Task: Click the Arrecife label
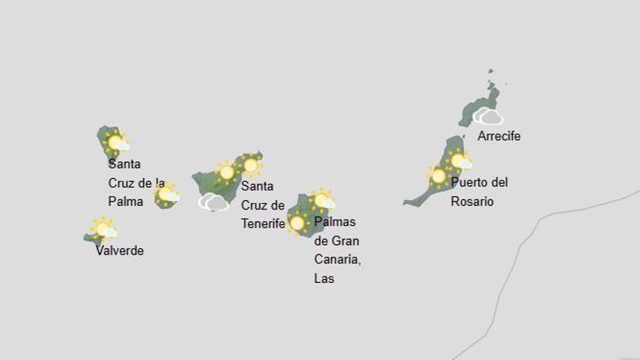tap(499, 136)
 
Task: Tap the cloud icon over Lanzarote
tap(487, 116)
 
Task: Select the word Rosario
tap(472, 201)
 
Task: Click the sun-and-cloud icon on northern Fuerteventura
tap(459, 161)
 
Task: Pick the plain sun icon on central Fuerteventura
tap(439, 176)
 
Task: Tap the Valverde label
tap(120, 251)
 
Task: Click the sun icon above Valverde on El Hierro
tap(103, 229)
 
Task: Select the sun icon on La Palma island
tap(116, 143)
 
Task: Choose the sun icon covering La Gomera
tap(167, 194)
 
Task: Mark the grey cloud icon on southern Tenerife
tap(214, 202)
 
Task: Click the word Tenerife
tap(263, 224)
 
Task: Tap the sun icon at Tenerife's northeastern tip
tap(251, 166)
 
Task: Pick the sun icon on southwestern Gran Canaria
tap(297, 223)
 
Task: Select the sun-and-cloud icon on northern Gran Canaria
tap(322, 200)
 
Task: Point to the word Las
tap(324, 279)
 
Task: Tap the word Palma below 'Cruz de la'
tap(126, 201)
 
